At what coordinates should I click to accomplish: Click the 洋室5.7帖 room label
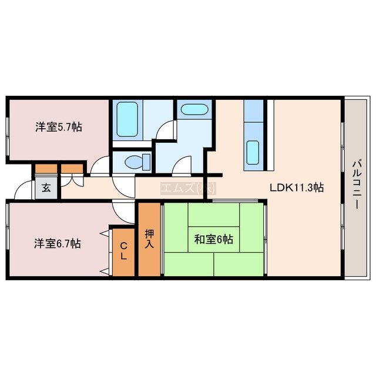click(x=59, y=127)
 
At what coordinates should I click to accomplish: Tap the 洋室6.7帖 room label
click(x=58, y=244)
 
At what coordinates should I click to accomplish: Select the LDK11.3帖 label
click(x=297, y=187)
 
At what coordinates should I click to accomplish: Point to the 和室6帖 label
click(x=213, y=239)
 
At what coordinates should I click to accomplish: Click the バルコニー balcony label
click(x=356, y=185)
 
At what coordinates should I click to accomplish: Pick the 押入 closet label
click(x=149, y=239)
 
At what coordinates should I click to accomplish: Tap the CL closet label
click(x=123, y=251)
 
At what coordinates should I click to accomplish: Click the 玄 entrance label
click(x=46, y=188)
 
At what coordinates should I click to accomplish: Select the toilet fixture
click(x=137, y=162)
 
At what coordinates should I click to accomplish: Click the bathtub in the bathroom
click(x=127, y=119)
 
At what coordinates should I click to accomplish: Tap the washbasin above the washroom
click(x=194, y=109)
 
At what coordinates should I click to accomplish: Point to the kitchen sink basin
click(x=253, y=153)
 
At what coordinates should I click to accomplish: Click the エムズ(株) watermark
click(x=188, y=189)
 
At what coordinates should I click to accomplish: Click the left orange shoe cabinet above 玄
click(x=46, y=169)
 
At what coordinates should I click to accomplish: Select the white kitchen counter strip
click(x=270, y=135)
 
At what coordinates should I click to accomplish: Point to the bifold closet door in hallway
click(x=72, y=181)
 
